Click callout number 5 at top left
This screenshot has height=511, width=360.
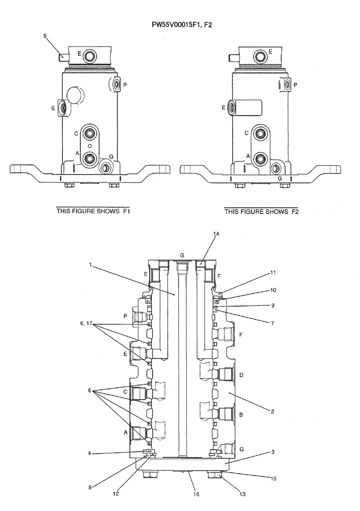[x=45, y=36]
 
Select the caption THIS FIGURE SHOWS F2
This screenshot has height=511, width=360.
[x=262, y=211]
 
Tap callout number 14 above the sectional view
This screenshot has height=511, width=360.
[x=216, y=234]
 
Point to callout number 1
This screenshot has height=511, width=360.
[x=90, y=265]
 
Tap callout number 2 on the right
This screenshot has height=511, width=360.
[x=273, y=411]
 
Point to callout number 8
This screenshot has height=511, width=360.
[x=91, y=487]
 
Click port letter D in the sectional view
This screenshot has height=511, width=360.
[x=241, y=376]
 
